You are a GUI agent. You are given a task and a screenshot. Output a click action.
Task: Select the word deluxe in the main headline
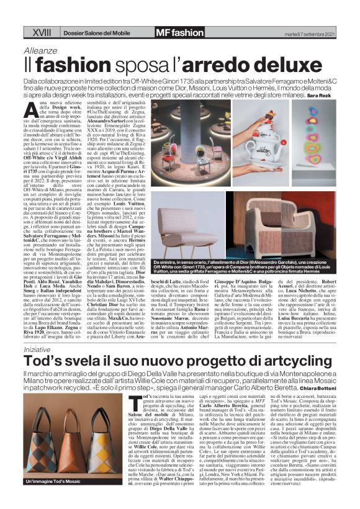coord(230,64)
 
